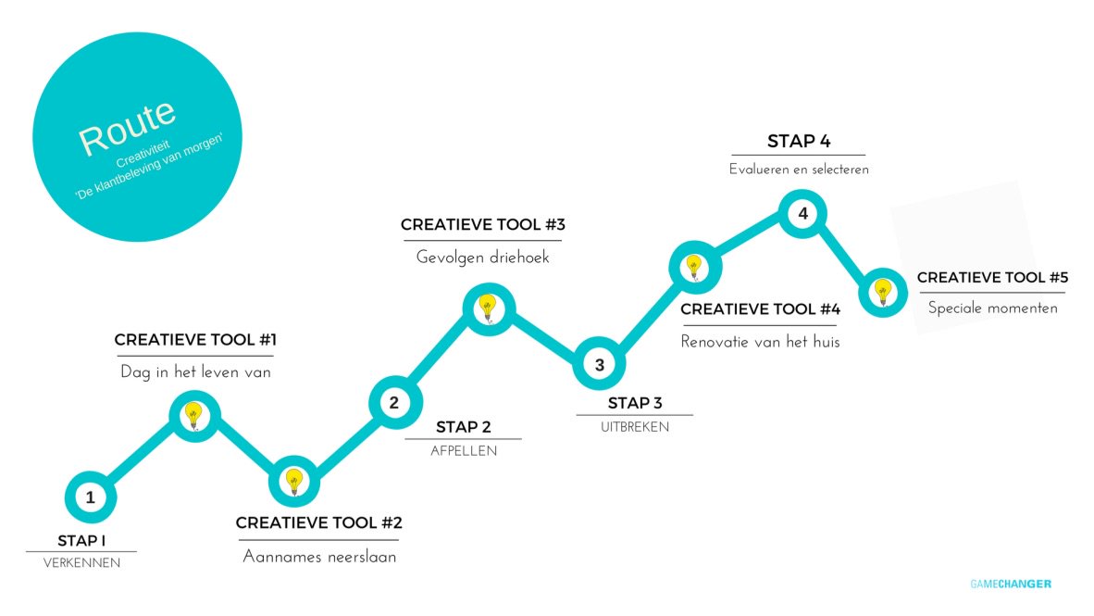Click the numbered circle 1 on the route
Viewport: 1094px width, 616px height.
(x=90, y=498)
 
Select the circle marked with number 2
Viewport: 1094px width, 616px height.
(x=394, y=403)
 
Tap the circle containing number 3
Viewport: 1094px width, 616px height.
(x=599, y=365)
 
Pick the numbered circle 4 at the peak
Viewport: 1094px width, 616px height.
(x=802, y=214)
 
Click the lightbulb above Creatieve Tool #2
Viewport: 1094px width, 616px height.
(x=293, y=481)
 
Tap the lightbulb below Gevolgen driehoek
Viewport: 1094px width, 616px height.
(x=488, y=307)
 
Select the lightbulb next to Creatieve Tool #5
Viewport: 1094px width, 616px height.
(x=883, y=292)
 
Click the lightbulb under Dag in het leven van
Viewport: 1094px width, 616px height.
(x=193, y=416)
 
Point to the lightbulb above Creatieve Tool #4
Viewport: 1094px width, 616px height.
(x=694, y=268)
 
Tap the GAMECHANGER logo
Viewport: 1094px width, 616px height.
(x=1011, y=584)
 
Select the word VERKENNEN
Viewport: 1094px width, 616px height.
(x=81, y=562)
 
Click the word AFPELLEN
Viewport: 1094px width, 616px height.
(x=464, y=451)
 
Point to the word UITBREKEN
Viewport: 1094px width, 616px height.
(x=634, y=427)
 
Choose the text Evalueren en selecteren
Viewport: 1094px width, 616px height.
(x=799, y=170)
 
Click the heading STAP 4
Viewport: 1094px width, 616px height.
(x=799, y=142)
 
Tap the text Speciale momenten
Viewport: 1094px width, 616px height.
(x=992, y=308)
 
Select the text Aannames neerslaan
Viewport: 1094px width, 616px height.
(x=319, y=557)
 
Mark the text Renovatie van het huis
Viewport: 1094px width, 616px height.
(x=760, y=342)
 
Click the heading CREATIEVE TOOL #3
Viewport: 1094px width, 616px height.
(x=482, y=225)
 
